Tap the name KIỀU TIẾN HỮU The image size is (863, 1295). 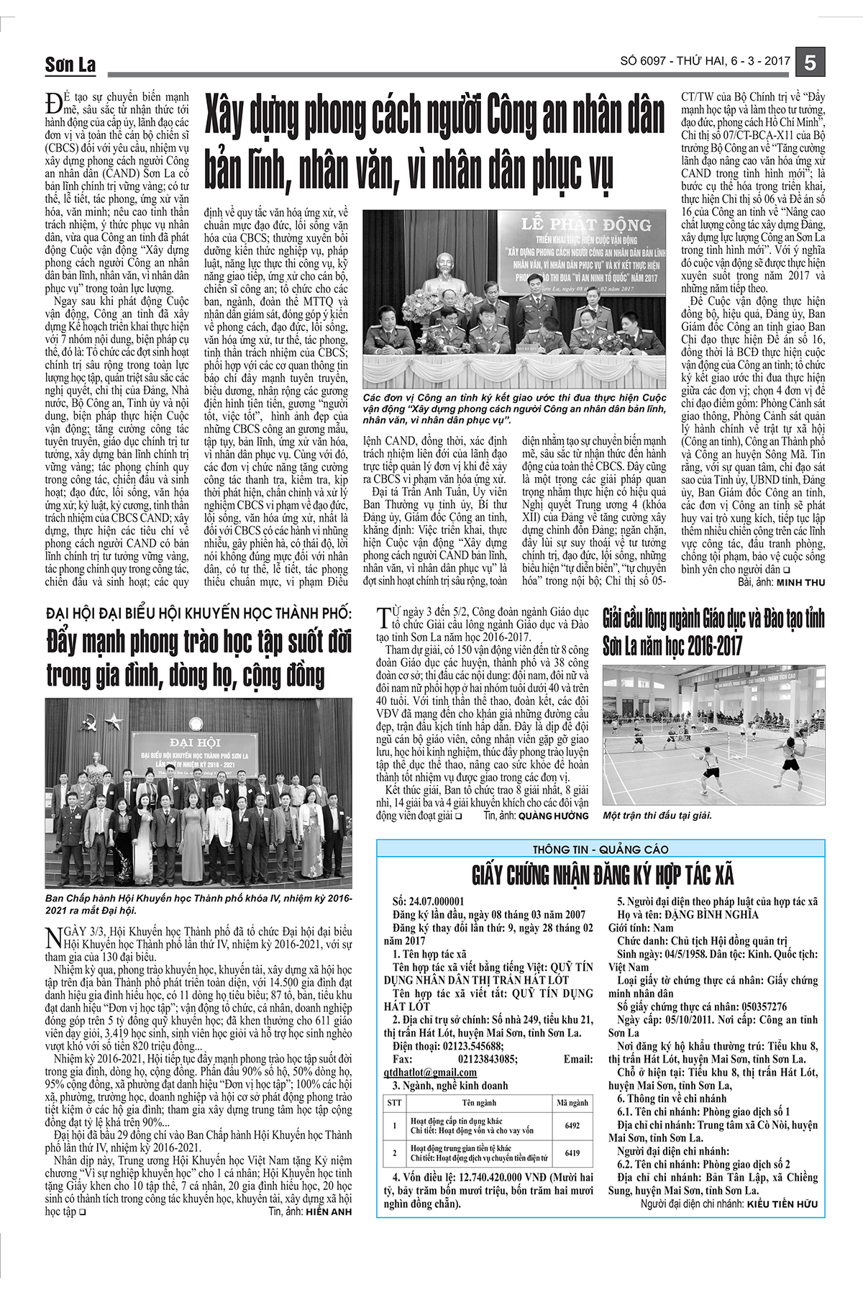[x=782, y=1203]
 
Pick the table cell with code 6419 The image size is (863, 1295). [x=572, y=1153]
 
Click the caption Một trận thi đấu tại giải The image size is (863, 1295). [x=657, y=815]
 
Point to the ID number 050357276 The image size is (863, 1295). [x=749, y=1007]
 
